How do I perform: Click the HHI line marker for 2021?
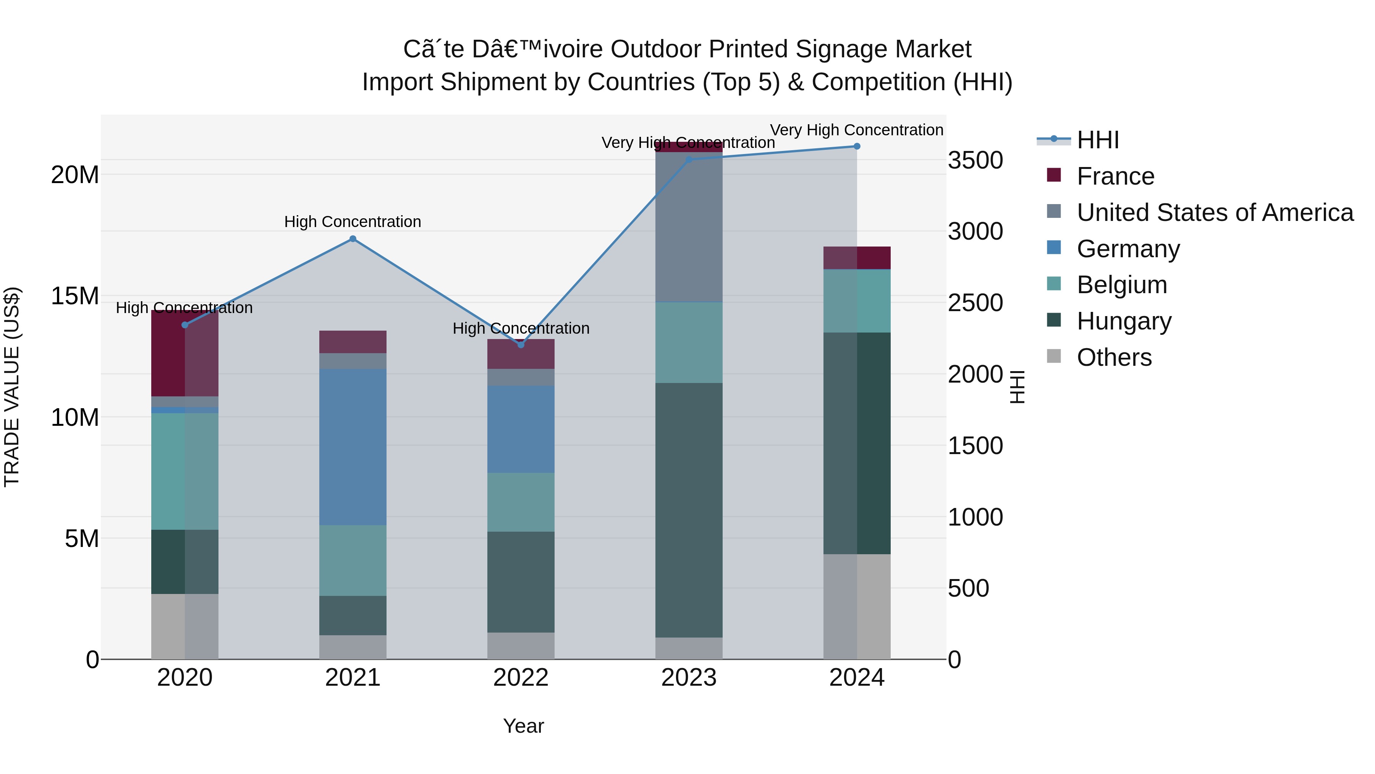pos(353,239)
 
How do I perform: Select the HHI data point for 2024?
pos(857,146)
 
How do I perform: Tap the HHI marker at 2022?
pos(521,344)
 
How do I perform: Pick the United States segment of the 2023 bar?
pos(689,227)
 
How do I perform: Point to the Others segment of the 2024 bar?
pos(857,606)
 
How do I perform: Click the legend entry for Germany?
pos(1128,249)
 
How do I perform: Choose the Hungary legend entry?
pos(1124,321)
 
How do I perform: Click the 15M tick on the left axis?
pos(75,296)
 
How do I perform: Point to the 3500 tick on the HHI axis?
pos(975,160)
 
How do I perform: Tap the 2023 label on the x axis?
pos(689,678)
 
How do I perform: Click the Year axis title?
pos(523,726)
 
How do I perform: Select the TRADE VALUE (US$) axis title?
pos(12,387)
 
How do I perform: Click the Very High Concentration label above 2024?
pos(856,130)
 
